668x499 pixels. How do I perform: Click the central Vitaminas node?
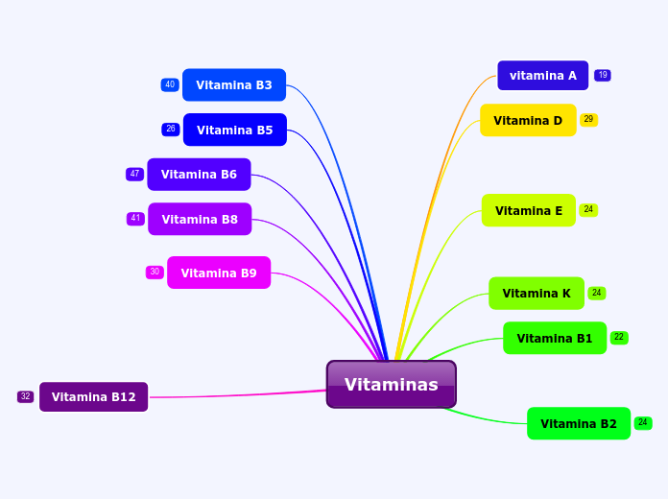(x=391, y=385)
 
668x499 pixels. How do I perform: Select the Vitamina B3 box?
(x=234, y=85)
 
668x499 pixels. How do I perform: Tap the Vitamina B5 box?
(x=235, y=130)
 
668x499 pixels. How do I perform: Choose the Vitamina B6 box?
(x=199, y=175)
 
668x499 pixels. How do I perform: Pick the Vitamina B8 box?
(x=200, y=219)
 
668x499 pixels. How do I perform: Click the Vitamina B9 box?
(x=219, y=273)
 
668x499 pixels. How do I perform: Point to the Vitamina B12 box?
(x=93, y=396)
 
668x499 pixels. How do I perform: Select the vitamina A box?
(x=542, y=76)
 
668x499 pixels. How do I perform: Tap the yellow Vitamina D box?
(x=528, y=120)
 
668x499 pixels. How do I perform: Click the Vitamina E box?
(x=529, y=210)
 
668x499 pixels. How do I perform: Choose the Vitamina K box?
(x=537, y=294)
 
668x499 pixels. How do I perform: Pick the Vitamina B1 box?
(x=555, y=338)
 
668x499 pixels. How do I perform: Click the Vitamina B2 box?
(x=579, y=423)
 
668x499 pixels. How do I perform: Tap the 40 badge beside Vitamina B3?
(x=170, y=84)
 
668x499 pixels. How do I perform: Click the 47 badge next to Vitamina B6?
(x=134, y=174)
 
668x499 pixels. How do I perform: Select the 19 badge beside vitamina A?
(x=603, y=75)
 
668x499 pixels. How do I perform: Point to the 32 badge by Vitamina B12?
(x=25, y=396)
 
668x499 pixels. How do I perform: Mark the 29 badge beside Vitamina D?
(x=588, y=120)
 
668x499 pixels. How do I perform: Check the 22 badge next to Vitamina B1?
(x=619, y=338)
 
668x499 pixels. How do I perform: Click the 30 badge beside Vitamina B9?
(x=155, y=272)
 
